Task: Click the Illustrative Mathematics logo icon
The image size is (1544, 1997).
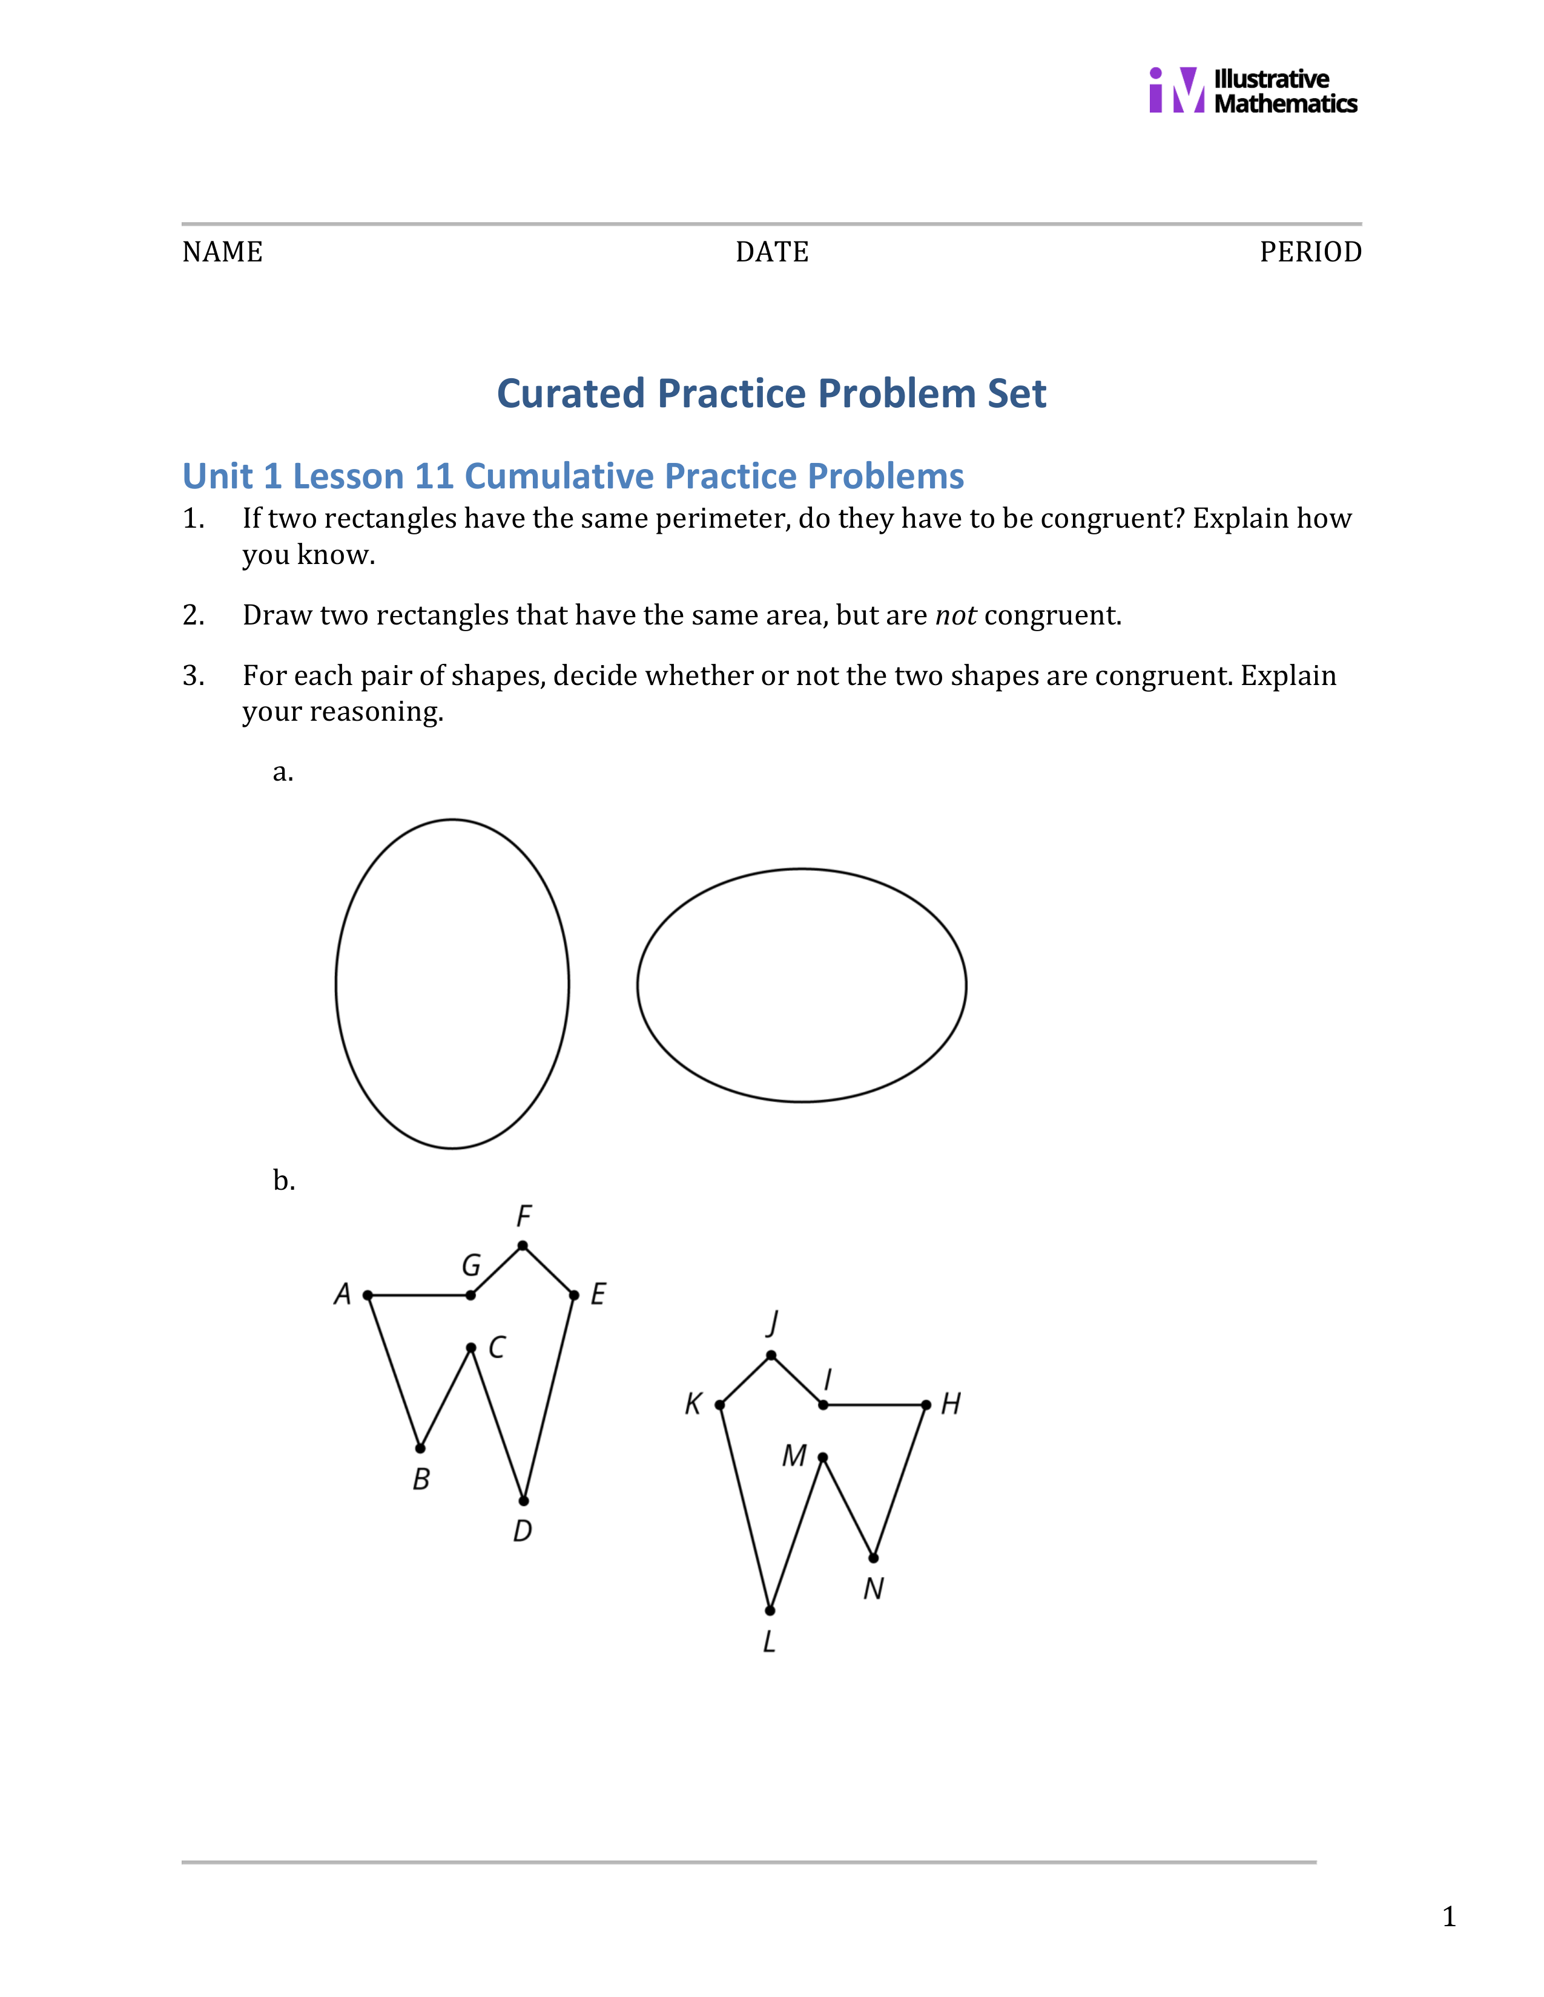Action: pos(1176,91)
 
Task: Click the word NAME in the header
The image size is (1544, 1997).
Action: pos(222,252)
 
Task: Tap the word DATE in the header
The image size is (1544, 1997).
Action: pos(772,252)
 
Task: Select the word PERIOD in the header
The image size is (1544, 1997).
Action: pos(1310,252)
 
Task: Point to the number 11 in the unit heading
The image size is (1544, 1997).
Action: pos(434,476)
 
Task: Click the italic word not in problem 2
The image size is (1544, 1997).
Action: pos(955,615)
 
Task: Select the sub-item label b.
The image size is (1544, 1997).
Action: pos(283,1181)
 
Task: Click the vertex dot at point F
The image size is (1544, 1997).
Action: pos(523,1245)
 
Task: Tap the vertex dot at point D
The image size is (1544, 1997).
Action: pos(523,1501)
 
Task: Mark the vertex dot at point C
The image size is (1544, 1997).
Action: pos(471,1348)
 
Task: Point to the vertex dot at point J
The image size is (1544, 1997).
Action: pos(771,1355)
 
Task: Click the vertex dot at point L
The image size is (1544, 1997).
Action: pos(770,1610)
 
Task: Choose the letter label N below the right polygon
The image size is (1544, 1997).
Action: pos(873,1589)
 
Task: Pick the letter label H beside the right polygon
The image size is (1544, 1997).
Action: pos(951,1403)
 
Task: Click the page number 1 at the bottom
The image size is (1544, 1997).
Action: pos(1448,1917)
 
